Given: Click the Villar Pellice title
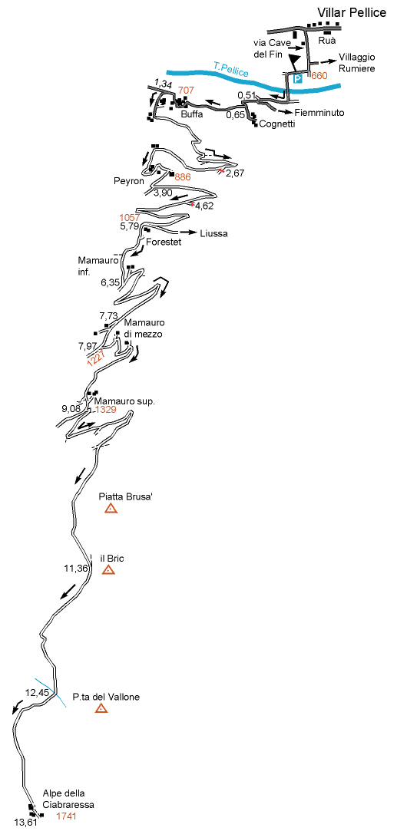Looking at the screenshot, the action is (352, 13).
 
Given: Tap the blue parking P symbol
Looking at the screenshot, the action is (298, 78).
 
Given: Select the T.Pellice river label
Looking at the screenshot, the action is (231, 70).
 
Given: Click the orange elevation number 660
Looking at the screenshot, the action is (319, 76).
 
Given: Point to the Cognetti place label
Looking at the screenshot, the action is (277, 124).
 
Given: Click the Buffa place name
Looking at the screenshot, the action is (191, 114).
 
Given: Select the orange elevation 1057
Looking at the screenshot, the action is (130, 217).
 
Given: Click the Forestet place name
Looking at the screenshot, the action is (165, 242).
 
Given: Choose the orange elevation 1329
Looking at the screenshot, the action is (106, 409).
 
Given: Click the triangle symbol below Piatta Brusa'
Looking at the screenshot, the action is (111, 509).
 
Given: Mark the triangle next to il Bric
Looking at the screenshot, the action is (108, 570).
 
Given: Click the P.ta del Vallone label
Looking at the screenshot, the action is (106, 697).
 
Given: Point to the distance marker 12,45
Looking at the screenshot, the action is (37, 691).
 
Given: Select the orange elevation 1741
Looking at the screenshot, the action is (66, 816).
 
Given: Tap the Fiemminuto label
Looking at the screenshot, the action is (320, 112).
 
